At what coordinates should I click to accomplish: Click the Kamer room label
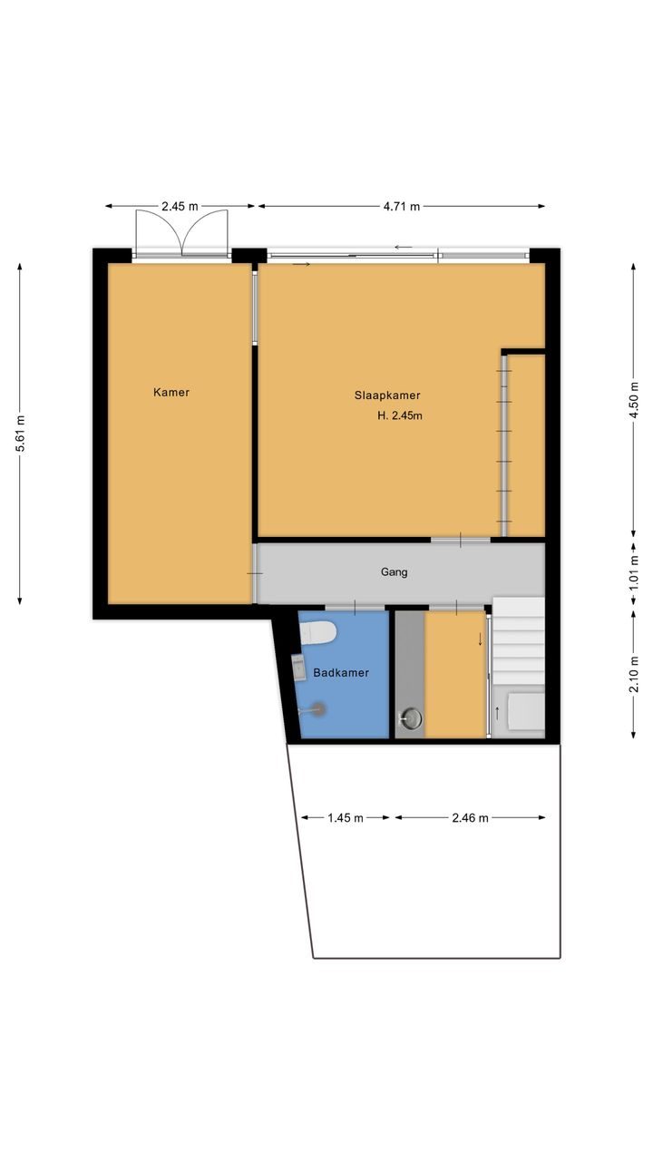(171, 393)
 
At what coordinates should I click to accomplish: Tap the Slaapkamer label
(387, 395)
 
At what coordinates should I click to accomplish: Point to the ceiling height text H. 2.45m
(400, 415)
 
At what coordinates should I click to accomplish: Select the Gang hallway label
(394, 572)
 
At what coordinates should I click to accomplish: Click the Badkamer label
(341, 673)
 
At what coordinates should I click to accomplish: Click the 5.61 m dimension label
(20, 434)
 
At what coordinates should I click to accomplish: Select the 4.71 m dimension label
(402, 206)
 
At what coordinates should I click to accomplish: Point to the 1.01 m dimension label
(634, 573)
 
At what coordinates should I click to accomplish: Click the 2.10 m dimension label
(634, 674)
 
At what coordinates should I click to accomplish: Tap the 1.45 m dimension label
(346, 818)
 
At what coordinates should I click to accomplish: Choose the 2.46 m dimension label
(470, 818)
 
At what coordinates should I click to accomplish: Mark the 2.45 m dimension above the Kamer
(180, 206)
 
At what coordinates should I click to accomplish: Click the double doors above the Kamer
(181, 233)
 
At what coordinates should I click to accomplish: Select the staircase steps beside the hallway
(518, 640)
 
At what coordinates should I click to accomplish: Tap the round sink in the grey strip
(411, 719)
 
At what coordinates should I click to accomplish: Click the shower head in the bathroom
(314, 709)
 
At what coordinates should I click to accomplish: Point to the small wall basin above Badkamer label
(298, 668)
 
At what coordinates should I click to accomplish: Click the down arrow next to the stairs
(481, 639)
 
